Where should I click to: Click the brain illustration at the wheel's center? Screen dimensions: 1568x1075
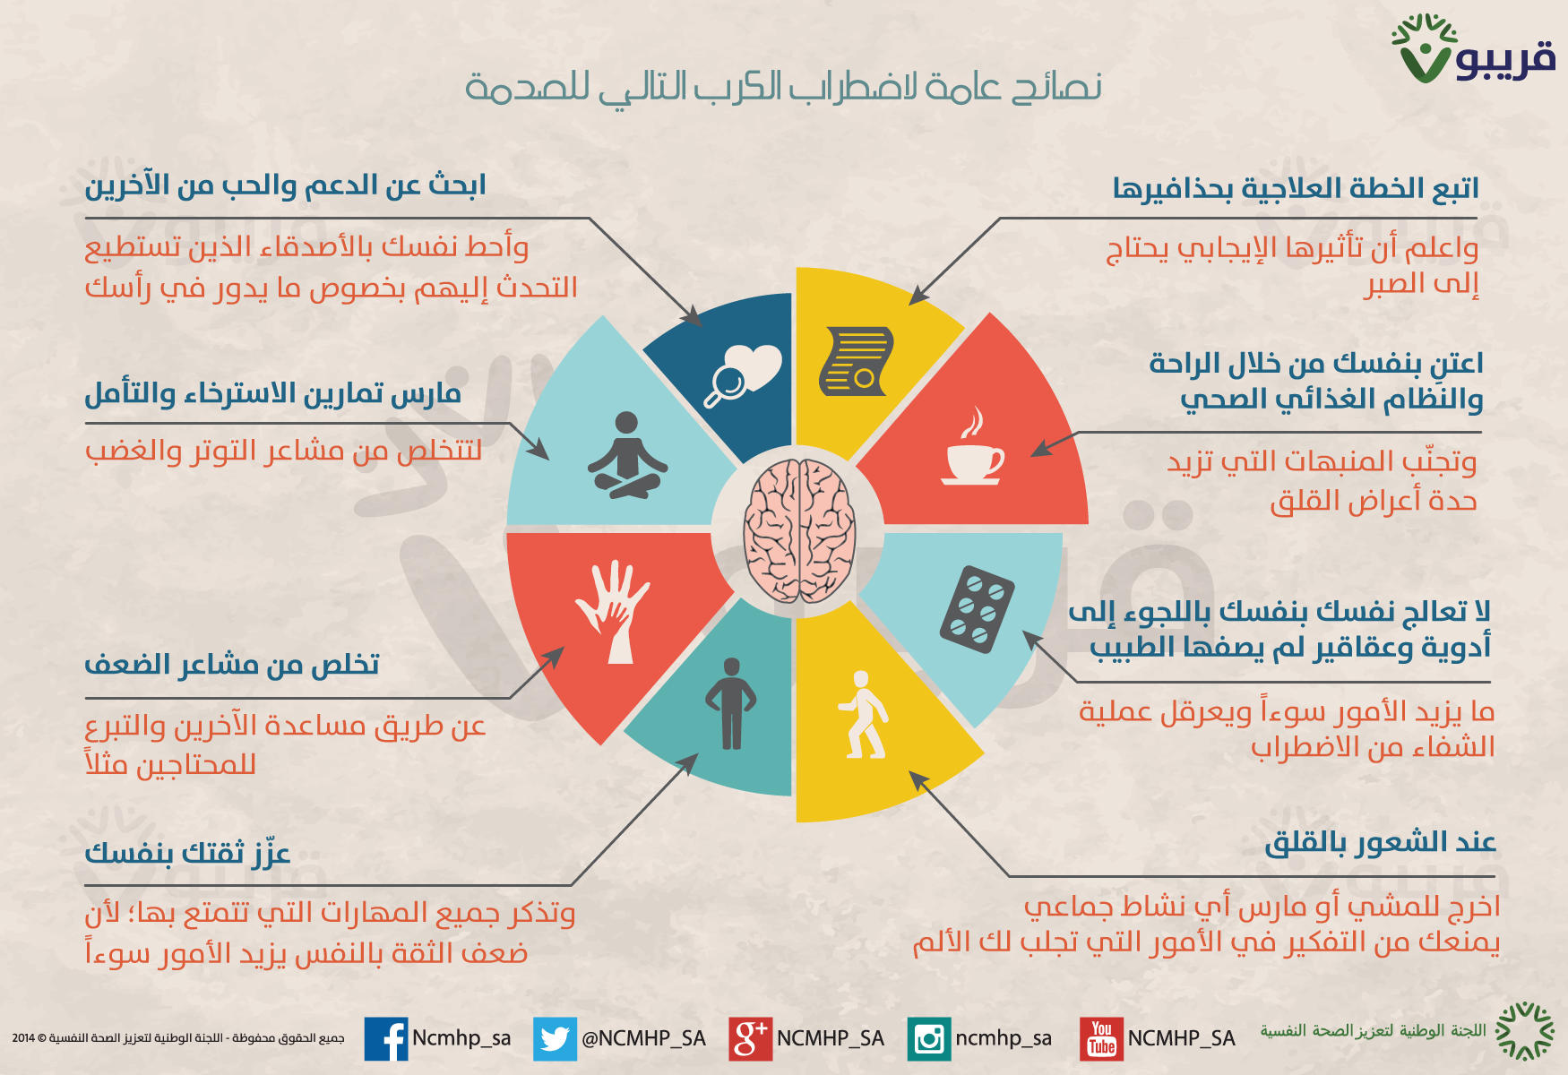coord(798,530)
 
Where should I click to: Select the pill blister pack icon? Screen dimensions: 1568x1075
coord(977,609)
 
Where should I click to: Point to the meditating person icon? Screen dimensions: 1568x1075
coord(627,455)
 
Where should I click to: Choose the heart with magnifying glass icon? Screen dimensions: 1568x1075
coord(743,375)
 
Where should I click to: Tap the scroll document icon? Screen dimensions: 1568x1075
coord(857,361)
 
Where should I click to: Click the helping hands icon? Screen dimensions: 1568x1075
coord(613,612)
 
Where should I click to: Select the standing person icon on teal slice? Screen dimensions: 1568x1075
coord(731,703)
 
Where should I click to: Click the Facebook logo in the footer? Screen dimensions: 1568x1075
coord(386,1039)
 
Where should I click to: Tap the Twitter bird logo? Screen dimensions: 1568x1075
coord(555,1039)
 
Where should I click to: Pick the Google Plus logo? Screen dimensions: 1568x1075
coord(750,1039)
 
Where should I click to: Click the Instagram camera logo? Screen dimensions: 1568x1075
coord(929,1039)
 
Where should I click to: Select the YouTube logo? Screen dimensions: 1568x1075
coord(1101,1039)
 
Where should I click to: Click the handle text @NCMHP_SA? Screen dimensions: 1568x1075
coord(643,1038)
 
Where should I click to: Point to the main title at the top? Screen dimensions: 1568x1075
coord(783,87)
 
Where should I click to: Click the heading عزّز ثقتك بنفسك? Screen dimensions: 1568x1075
coord(187,852)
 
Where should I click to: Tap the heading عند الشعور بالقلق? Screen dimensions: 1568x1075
coord(1381,843)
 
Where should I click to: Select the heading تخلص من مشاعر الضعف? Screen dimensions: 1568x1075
coord(232,665)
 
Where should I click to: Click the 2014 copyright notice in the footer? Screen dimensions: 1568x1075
coord(178,1038)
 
